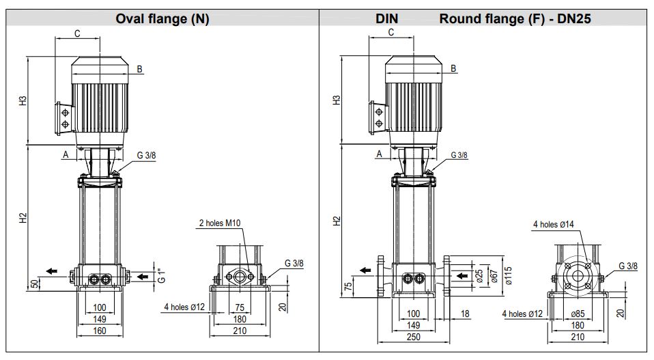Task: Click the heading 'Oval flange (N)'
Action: pyautogui.click(x=162, y=19)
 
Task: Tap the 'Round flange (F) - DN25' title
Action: pyautogui.click(x=515, y=19)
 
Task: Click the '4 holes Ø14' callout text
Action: pyautogui.click(x=554, y=223)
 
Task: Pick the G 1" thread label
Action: pyautogui.click(x=161, y=277)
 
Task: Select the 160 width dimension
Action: pyautogui.click(x=100, y=331)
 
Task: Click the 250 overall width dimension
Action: pyautogui.click(x=414, y=337)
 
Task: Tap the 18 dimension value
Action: pyautogui.click(x=465, y=314)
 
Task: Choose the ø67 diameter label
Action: pyautogui.click(x=492, y=276)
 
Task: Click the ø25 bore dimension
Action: pyautogui.click(x=479, y=276)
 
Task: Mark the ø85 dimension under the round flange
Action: pyautogui.click(x=578, y=315)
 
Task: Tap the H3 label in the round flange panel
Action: pyautogui.click(x=336, y=100)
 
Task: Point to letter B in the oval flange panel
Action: pyautogui.click(x=139, y=68)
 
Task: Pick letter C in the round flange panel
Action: pyautogui.click(x=391, y=32)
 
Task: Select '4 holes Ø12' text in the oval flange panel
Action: pyautogui.click(x=184, y=306)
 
